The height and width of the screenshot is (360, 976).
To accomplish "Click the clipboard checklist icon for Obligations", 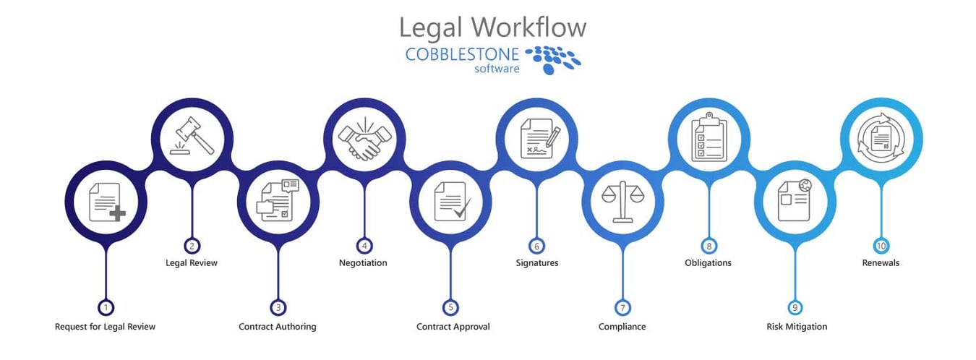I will coord(708,137).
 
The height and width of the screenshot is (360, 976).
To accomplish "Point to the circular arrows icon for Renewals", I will coord(881,137).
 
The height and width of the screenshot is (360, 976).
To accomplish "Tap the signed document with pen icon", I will coord(536,137).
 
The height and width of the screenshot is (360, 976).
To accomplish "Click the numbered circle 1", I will coord(106,307).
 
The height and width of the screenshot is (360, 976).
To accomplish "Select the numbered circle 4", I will coord(364,245).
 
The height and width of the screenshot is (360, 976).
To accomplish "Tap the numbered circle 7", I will coord(622,307).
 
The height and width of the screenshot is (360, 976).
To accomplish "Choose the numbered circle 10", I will coord(881,245).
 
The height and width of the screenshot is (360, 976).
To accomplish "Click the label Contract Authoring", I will coord(278,327).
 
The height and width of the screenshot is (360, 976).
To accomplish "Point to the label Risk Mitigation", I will coord(797,327).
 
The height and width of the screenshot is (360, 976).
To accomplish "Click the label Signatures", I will coord(536,263).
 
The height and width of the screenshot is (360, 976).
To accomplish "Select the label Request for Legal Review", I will coord(106,327).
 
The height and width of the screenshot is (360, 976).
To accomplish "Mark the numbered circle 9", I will coord(795,307).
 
